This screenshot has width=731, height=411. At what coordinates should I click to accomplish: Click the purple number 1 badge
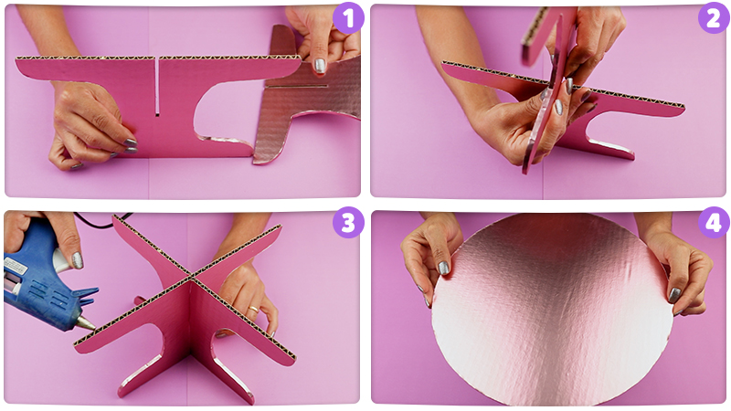(349, 17)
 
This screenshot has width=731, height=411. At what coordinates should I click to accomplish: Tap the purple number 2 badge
(714, 17)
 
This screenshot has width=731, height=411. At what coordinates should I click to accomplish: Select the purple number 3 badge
(348, 222)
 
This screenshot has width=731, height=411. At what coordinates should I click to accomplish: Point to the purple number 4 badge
(714, 222)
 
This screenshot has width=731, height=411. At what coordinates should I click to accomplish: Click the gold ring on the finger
(252, 309)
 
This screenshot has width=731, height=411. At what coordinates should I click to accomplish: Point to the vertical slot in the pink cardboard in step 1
(157, 87)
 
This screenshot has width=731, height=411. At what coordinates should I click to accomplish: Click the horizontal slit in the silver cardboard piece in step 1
(296, 86)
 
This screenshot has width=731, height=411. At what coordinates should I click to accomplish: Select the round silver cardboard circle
(552, 309)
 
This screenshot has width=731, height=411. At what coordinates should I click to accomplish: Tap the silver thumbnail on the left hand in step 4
(444, 268)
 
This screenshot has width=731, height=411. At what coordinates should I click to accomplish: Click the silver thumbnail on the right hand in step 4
(674, 295)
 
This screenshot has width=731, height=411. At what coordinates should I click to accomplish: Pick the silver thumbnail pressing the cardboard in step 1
(319, 66)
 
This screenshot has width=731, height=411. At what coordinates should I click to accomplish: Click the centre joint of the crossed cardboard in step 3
(190, 279)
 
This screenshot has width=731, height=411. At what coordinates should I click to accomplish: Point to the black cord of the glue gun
(101, 220)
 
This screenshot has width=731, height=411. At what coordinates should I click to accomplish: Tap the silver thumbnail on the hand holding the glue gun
(78, 260)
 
